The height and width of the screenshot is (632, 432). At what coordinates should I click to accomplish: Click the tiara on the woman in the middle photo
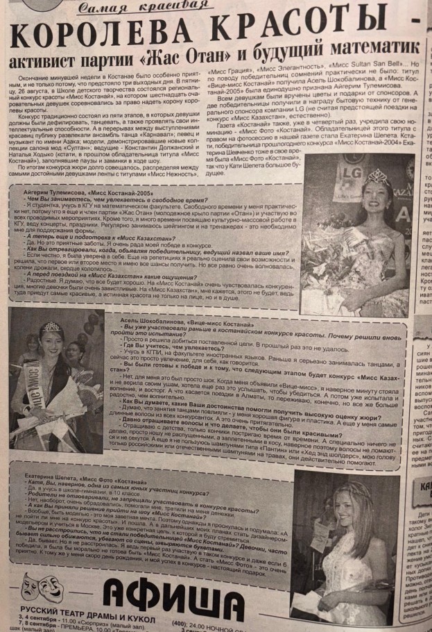click(51, 327)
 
